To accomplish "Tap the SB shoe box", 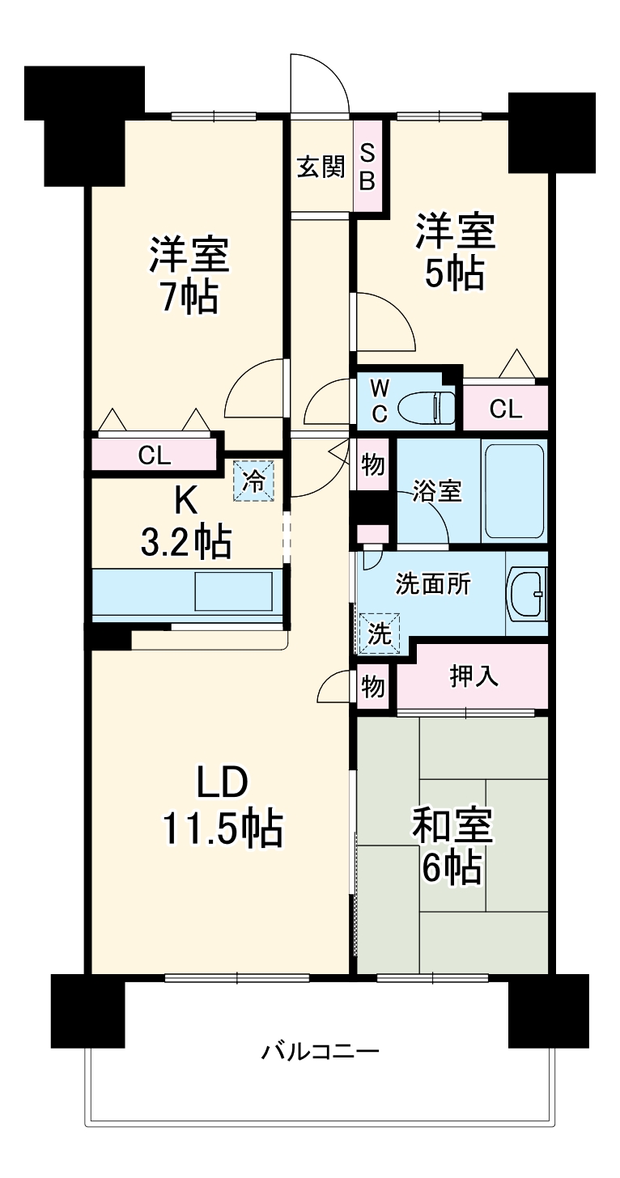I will (x=367, y=167).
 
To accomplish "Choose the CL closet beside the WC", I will (x=505, y=409).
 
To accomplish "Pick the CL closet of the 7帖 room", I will (x=155, y=455).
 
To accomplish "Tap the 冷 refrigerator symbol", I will (x=254, y=481).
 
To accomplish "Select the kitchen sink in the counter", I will (x=232, y=591).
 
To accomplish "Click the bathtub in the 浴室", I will (x=513, y=491).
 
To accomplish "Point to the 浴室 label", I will (x=437, y=491).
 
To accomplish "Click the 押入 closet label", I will (x=473, y=676).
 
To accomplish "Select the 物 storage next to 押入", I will (x=372, y=686).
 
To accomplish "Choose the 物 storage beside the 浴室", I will (x=372, y=465).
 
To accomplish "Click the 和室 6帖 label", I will (x=452, y=846).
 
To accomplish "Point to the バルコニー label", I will (x=320, y=1052).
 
